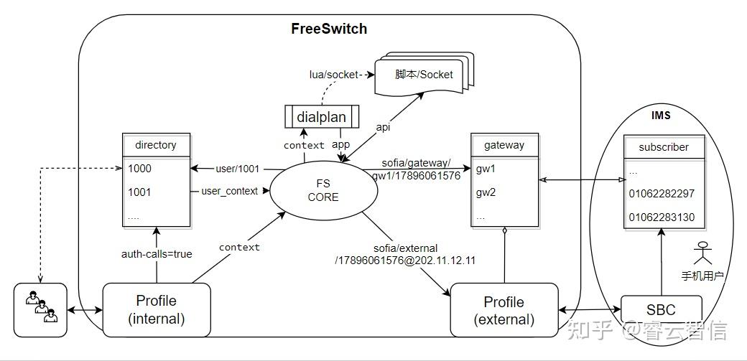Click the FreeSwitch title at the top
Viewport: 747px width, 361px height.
pos(329,29)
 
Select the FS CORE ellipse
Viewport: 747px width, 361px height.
pos(323,190)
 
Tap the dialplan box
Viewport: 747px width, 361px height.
pos(322,117)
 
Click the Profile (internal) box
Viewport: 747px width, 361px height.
pos(157,309)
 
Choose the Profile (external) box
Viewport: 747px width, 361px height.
pos(504,310)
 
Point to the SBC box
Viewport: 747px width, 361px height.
pos(662,310)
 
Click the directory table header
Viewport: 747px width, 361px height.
pos(156,145)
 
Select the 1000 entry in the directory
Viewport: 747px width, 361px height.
pos(139,169)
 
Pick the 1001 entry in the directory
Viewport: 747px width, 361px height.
pos(139,192)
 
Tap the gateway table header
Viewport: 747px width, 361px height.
pos(504,145)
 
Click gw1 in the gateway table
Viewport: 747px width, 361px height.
pos(486,169)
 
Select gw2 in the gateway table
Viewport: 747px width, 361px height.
pos(486,193)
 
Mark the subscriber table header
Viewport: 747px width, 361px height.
pos(664,146)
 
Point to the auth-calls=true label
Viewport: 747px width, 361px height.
pos(157,254)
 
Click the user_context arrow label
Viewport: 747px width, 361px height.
pos(230,191)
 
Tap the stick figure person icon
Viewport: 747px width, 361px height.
pos(702,253)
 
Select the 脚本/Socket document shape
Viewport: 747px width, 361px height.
pos(424,74)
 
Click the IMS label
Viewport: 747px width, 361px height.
pos(661,116)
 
